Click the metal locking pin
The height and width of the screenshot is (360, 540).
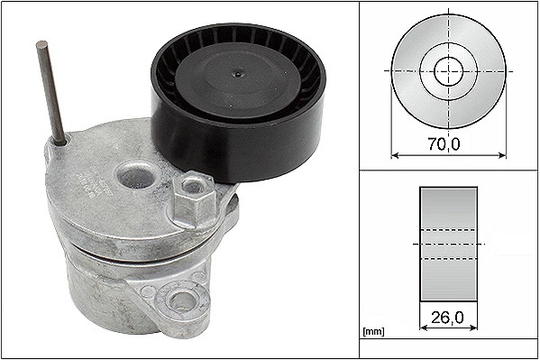pos(51,93)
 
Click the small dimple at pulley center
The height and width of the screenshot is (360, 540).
pos(238,74)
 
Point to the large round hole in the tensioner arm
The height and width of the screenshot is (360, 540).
pos(137,176)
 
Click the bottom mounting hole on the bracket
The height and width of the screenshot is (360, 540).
pos(182,300)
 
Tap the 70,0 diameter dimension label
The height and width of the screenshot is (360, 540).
pos(444,143)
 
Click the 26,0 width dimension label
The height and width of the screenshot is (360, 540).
pos(447,318)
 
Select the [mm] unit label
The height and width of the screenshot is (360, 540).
pos(373,331)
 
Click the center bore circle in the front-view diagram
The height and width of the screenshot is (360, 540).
pos(448,71)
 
